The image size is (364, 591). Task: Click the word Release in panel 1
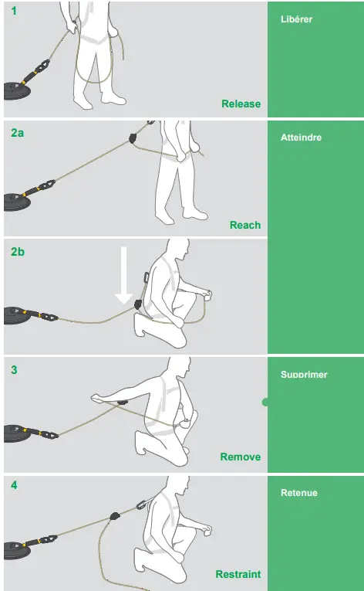[x=241, y=104]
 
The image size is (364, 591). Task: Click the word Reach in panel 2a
[x=245, y=225]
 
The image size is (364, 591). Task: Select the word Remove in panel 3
[x=241, y=457]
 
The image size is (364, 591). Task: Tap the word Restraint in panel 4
[x=238, y=574]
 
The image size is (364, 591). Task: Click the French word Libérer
[x=296, y=19]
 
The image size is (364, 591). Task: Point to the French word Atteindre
[x=302, y=138]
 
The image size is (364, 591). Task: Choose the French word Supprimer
[x=304, y=375]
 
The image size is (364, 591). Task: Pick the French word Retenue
[x=299, y=493]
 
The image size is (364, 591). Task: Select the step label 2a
[x=18, y=133]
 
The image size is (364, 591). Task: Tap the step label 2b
[x=18, y=251]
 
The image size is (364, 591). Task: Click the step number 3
[x=14, y=369]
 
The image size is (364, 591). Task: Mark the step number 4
[x=14, y=486]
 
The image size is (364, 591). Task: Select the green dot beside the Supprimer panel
[x=266, y=402]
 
